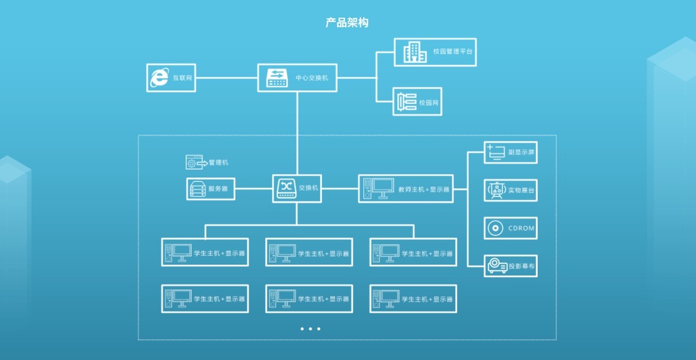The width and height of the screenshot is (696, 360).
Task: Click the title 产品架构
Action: coord(347,23)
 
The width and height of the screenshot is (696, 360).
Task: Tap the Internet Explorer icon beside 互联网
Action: coord(159,78)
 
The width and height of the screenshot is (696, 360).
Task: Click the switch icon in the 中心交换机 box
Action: coord(277,78)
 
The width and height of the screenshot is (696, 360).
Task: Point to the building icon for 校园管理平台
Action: coord(414,52)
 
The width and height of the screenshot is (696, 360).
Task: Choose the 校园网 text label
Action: coord(428,102)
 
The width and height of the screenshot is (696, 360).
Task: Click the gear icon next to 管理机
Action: coord(192,162)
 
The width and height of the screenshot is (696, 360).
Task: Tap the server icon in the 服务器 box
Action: coord(197,189)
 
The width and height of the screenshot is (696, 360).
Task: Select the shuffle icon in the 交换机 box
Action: coord(285,188)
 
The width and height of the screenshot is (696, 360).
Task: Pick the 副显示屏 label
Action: coord(521,153)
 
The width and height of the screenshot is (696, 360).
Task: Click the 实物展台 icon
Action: coord(496,190)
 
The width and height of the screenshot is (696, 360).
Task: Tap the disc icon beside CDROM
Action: coord(495,228)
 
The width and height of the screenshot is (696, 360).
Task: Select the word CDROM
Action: coord(521,228)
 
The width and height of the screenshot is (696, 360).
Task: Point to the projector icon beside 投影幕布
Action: coord(497,266)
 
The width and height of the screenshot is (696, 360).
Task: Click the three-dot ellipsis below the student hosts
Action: coord(310,328)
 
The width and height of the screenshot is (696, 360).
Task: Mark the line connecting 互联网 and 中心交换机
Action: coord(226,78)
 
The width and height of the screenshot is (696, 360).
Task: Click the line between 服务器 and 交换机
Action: coord(253,189)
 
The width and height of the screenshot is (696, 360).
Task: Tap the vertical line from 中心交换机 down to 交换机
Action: coord(297,133)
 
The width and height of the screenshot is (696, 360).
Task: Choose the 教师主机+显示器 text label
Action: coord(424,189)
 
